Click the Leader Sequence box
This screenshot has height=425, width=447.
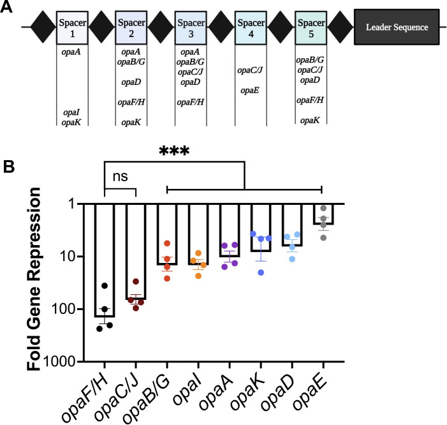(397, 27)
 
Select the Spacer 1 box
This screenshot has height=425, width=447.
(72, 27)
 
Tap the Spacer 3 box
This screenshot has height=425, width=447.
(191, 27)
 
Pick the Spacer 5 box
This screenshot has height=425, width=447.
(311, 27)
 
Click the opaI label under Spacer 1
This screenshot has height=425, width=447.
(71, 112)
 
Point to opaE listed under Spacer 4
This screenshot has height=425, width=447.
(250, 91)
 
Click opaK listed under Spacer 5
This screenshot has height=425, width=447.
(310, 121)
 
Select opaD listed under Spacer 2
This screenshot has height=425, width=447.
(131, 82)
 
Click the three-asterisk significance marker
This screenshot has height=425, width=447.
(174, 151)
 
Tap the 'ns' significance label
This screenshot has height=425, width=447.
(121, 176)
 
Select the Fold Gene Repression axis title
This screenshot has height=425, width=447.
(34, 279)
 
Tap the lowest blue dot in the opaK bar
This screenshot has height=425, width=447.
(261, 272)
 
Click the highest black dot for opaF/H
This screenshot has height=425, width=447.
(105, 285)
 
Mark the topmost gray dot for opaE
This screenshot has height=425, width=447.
(323, 208)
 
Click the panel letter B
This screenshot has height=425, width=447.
(9, 167)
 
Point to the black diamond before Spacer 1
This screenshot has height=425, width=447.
(43, 27)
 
